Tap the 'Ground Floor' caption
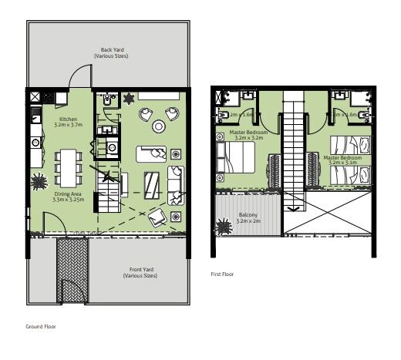point(41,326)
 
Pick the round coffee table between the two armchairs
point(159,126)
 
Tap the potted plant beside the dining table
point(39,182)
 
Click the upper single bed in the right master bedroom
point(347,146)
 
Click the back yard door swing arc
point(79,77)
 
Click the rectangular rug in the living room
point(153,183)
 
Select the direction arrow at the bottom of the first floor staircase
point(292,207)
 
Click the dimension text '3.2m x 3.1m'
point(341,163)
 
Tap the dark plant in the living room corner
point(128,99)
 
